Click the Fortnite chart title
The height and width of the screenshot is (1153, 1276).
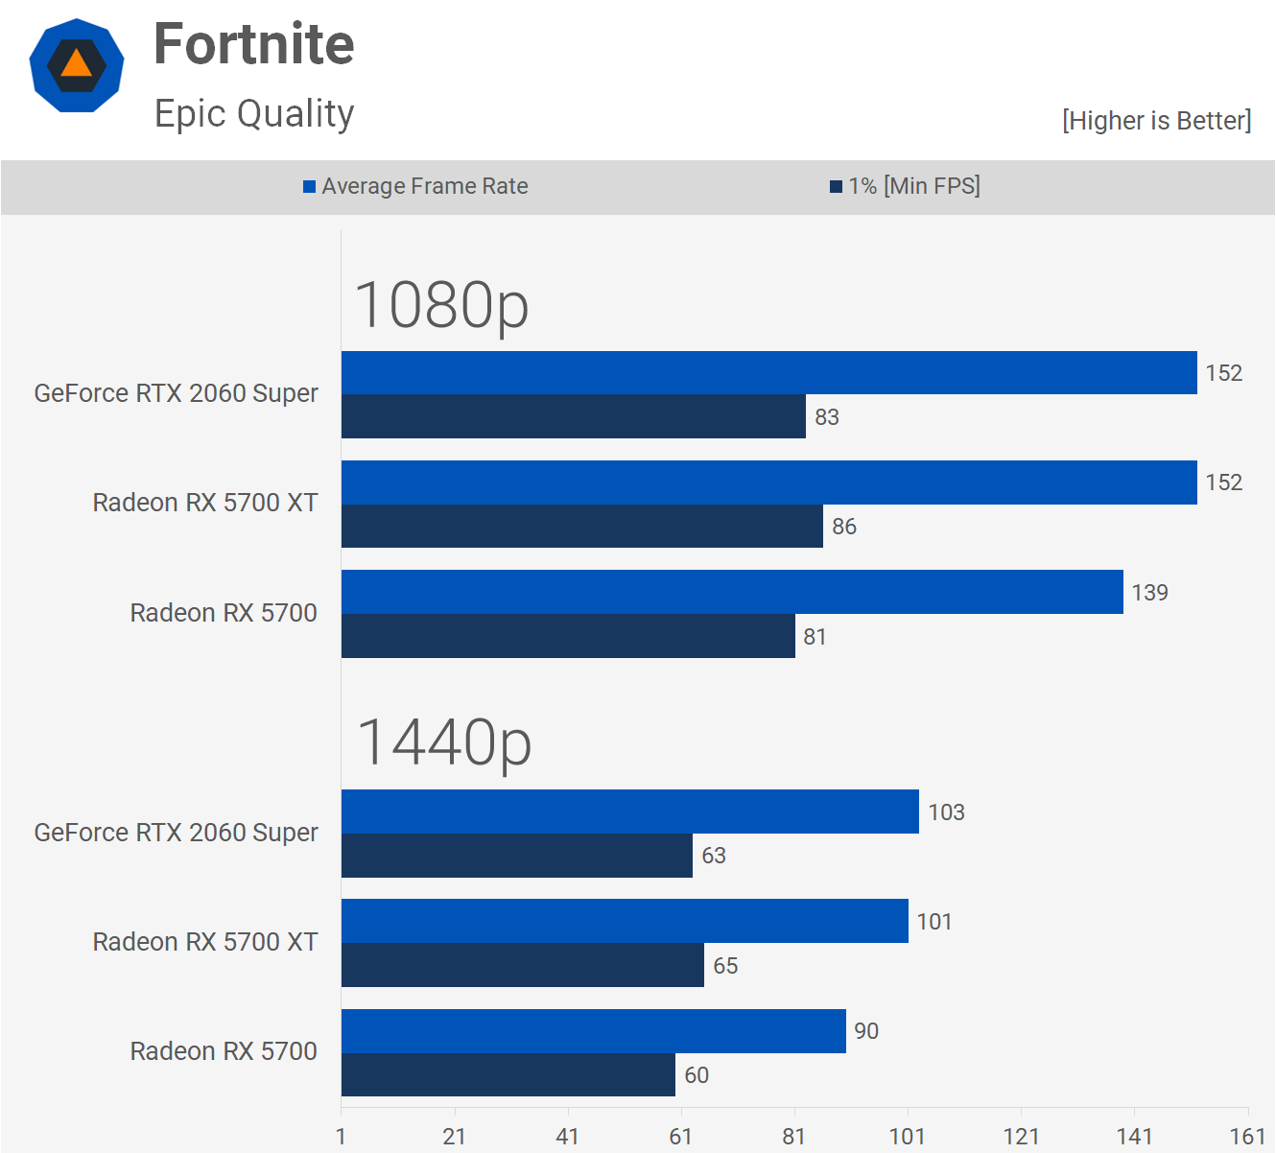(x=254, y=44)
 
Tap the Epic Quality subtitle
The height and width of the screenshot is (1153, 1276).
(x=254, y=113)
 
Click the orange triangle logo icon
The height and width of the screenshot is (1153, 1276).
(x=77, y=65)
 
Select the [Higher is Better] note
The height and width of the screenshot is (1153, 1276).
(x=1156, y=121)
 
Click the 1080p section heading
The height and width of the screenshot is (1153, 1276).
(x=441, y=305)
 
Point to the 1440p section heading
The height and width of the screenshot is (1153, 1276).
(x=443, y=742)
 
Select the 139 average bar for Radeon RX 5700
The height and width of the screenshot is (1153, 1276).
(x=732, y=592)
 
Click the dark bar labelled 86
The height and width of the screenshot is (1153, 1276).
(x=581, y=527)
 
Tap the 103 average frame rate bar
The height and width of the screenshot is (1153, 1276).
(x=629, y=812)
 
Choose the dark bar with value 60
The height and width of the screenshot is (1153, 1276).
(x=508, y=1074)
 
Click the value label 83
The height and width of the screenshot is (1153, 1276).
(x=827, y=417)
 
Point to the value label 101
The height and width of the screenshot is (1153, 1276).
(x=934, y=922)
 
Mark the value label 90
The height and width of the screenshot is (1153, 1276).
(x=866, y=1031)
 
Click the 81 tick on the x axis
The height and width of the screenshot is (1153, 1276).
(x=793, y=1137)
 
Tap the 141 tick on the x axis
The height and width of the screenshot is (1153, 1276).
(x=1134, y=1137)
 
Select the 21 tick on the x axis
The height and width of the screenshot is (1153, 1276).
(x=454, y=1137)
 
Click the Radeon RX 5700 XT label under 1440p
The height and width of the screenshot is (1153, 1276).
(x=205, y=942)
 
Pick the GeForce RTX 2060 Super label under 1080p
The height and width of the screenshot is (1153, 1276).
(x=177, y=393)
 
